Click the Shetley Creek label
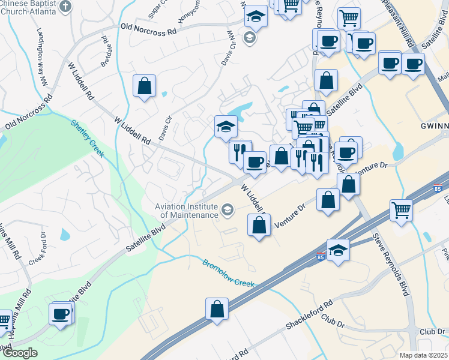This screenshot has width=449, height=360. pos(88,139)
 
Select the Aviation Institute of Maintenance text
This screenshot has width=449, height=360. pos(186,211)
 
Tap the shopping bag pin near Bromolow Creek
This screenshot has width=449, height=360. pos(217,309)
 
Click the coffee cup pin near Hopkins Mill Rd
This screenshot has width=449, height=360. pos(61,314)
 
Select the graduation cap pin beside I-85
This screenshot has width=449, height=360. pos(338,250)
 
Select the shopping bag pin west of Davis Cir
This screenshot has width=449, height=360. pos(145,86)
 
